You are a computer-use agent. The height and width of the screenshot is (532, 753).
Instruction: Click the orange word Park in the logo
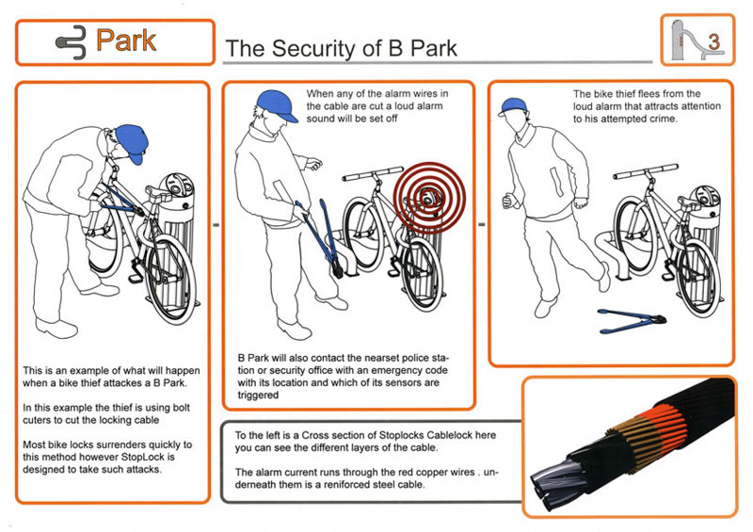(126, 40)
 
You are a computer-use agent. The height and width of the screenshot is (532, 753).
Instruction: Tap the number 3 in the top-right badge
(714, 41)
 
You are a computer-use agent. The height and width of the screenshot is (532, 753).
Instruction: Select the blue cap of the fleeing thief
(513, 106)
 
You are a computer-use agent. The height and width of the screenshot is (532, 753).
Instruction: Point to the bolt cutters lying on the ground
(632, 320)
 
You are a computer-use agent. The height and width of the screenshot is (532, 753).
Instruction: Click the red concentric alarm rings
(429, 198)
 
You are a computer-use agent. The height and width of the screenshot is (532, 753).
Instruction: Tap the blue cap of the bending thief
(131, 142)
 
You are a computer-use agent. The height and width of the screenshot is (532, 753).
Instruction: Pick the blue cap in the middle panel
(276, 105)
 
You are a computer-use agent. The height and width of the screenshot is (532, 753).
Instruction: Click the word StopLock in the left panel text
(143, 457)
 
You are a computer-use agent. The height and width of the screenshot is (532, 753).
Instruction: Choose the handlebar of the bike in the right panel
(646, 171)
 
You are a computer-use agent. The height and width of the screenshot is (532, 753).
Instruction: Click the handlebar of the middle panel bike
(373, 173)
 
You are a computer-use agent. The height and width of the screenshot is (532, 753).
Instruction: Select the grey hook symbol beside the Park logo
(72, 42)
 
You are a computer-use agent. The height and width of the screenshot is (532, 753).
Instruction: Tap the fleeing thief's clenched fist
(507, 201)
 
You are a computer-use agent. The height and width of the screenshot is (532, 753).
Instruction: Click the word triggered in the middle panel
(258, 395)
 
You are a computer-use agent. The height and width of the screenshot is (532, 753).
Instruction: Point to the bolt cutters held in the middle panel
(319, 238)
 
